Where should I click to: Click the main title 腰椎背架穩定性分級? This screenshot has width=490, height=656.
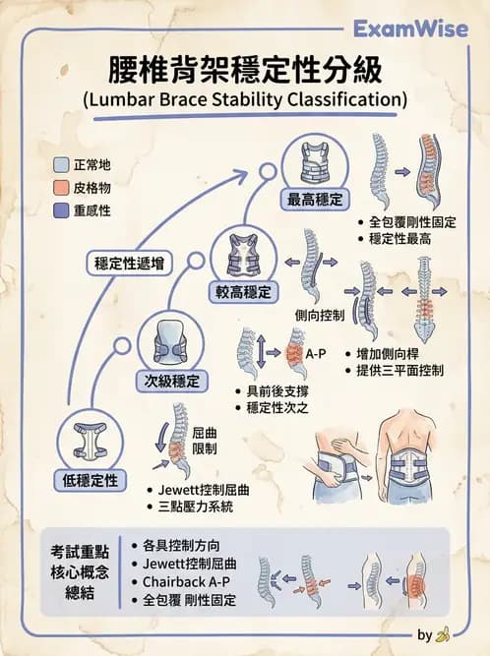pos(245,71)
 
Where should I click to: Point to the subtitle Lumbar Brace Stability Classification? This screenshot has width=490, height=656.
pos(245,99)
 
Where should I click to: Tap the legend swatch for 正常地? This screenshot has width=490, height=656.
pos(62,164)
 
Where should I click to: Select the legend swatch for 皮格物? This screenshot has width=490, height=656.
pos(62,187)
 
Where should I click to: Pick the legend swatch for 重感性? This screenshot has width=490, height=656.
pos(62,209)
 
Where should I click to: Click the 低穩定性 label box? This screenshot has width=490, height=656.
pos(91,479)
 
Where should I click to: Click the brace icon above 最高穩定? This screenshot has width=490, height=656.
pos(315,163)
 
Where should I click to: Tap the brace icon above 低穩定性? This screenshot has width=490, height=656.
pos(90,441)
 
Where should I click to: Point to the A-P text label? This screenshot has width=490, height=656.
pos(315,352)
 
